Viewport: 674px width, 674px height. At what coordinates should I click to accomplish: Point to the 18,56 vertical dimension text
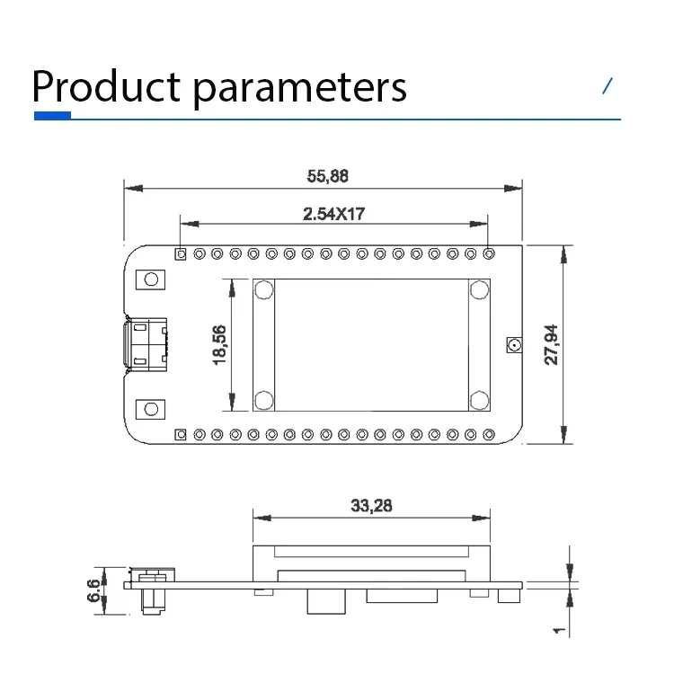pos(218,344)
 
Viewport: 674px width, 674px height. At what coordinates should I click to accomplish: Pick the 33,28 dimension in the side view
pos(370,506)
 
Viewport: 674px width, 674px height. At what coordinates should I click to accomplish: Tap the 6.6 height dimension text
pos(93,590)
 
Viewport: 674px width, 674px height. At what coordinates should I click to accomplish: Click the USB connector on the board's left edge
pos(146,344)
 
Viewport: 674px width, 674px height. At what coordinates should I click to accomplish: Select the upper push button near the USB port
pos(151,279)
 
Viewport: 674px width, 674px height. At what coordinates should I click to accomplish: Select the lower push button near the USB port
pos(151,410)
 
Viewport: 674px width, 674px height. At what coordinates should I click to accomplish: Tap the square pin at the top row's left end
pos(181,254)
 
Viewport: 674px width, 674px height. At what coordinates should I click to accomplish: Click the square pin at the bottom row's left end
pos(181,435)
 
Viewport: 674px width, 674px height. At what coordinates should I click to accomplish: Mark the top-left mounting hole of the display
pos(264,289)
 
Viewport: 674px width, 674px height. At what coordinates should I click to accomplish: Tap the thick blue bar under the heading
pos(52,116)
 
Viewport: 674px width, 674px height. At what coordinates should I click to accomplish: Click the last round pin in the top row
pos(489,254)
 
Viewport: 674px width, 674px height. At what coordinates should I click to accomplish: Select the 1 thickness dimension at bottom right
pos(558,631)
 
